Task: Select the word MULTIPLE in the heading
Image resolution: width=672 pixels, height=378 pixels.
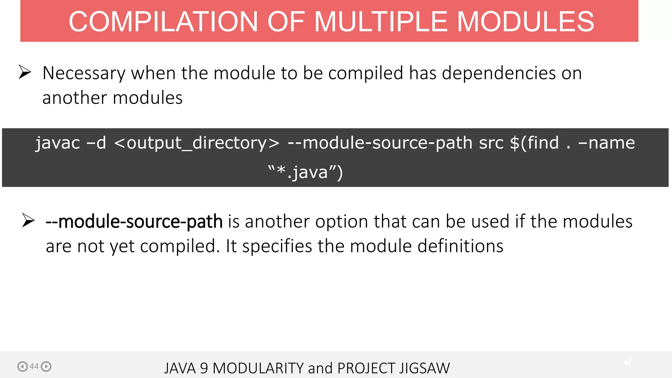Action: pos(381,22)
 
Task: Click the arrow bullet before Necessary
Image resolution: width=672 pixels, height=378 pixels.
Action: pos(25,72)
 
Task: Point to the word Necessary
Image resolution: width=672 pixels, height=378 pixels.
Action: pos(84,73)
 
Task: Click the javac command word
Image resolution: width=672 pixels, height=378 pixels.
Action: pos(58,143)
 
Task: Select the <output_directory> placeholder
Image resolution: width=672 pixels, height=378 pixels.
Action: pos(197,143)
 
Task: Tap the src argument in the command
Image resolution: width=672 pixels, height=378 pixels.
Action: pos(491,143)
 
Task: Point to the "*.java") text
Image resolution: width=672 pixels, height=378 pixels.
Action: pos(305,172)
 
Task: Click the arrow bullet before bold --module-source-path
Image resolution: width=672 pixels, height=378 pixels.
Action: pos(28,220)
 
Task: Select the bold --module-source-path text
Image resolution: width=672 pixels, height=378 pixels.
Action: pos(134,221)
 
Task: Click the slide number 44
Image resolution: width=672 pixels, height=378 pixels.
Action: pos(34,366)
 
